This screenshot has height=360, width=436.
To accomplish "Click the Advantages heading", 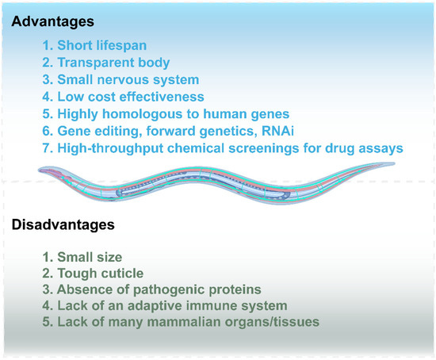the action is click(53, 21).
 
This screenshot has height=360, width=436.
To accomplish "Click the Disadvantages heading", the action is click(63, 224).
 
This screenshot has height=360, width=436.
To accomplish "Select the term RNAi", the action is click(277, 131).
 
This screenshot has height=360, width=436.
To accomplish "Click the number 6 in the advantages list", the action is click(46, 131).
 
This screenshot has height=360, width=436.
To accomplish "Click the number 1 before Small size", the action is click(46, 257).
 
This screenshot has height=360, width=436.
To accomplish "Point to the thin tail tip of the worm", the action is click(394, 163).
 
